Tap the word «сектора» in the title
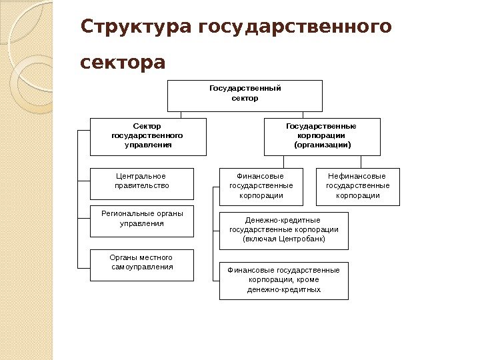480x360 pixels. [122, 63]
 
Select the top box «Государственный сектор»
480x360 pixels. [245, 95]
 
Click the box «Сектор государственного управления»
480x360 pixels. [147, 136]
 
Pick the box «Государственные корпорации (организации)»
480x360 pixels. [322, 136]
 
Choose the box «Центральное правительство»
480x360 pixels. [141, 183]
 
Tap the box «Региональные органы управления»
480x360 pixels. [141, 221]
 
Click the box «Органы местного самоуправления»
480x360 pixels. [141, 265]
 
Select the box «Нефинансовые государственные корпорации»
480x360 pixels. [357, 187]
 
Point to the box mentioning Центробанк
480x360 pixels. [284, 230]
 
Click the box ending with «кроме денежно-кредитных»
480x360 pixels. [284, 280]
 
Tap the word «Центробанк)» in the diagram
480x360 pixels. [305, 239]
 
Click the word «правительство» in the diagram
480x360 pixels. [142, 186]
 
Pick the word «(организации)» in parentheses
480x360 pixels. [322, 145]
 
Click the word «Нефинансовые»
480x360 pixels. [357, 177]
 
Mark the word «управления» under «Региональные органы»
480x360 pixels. [142, 224]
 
